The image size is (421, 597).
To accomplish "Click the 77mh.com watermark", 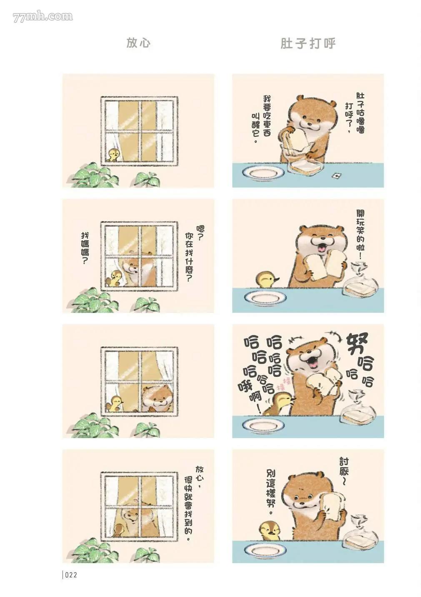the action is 43,17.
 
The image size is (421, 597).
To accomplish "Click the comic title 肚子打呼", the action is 308,43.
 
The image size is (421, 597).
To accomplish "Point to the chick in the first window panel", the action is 113,155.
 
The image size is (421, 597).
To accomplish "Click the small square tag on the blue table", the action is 337,175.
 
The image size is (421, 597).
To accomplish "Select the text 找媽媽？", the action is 85,248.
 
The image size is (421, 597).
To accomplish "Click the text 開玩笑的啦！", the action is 361,235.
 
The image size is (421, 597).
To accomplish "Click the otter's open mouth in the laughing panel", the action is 314,361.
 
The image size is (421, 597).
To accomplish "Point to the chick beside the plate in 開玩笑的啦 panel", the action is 268,280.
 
